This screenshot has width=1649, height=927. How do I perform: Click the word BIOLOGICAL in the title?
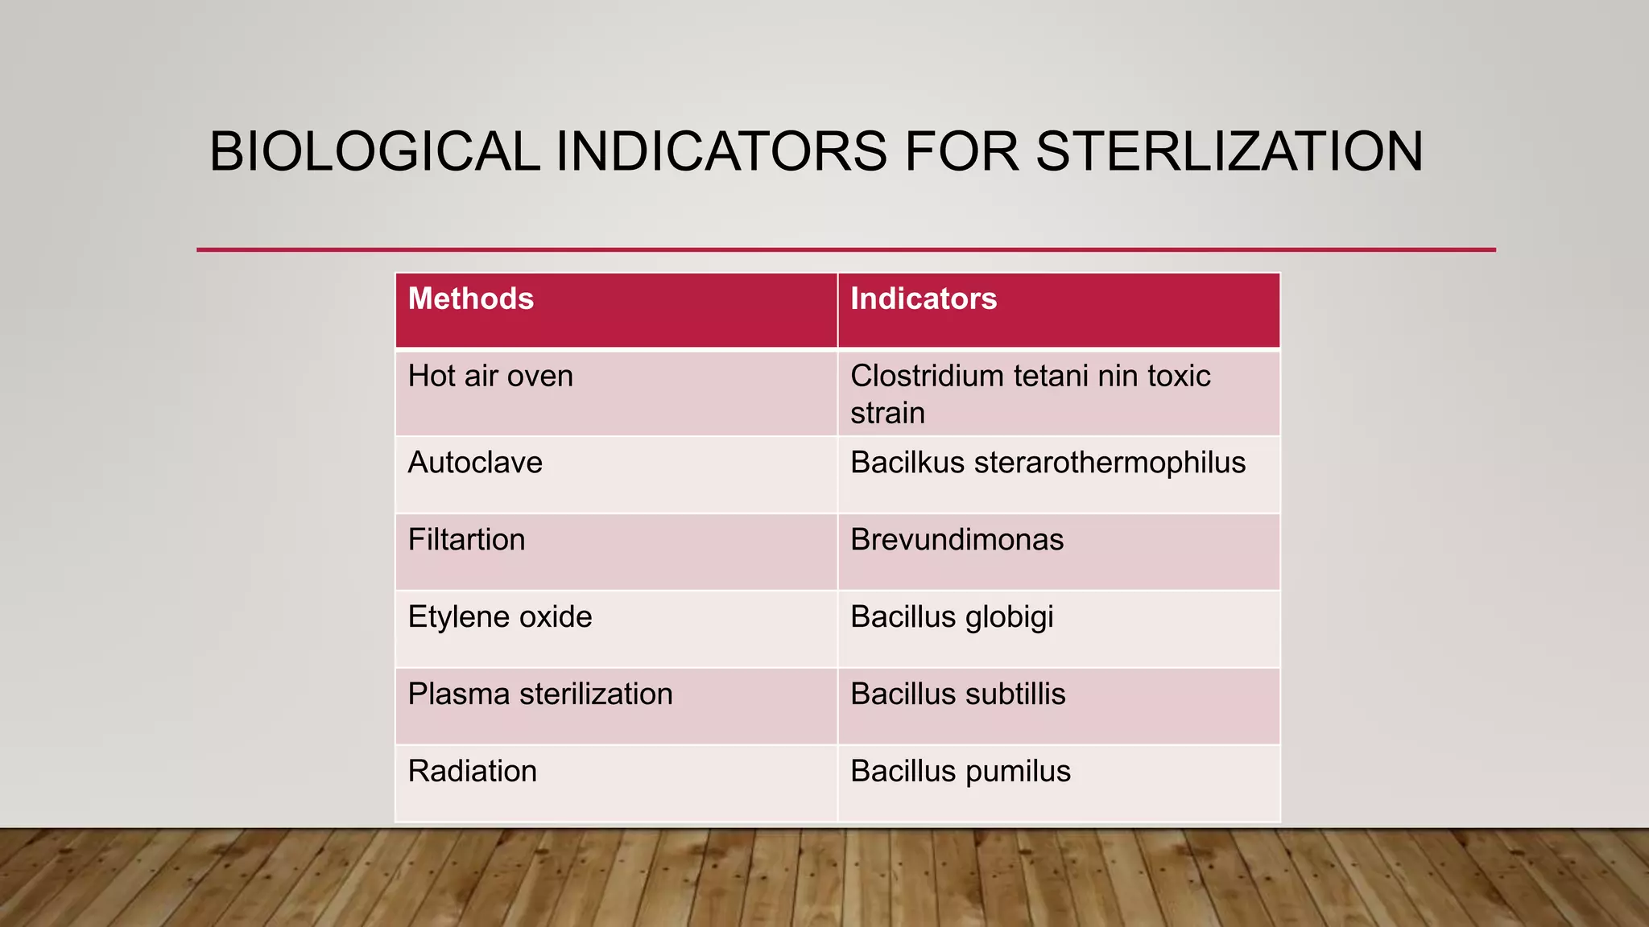click(x=374, y=151)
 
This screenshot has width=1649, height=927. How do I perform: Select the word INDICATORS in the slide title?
click(x=721, y=151)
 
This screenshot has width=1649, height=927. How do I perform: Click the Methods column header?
click(x=471, y=299)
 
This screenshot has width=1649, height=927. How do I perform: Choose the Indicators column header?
click(x=924, y=299)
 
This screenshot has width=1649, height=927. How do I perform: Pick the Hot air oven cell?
click(x=490, y=377)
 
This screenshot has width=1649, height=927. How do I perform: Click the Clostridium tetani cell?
click(x=1030, y=377)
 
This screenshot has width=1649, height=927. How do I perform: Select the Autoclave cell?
click(x=475, y=463)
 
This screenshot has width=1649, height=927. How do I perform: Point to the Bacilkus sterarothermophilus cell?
click(x=1048, y=463)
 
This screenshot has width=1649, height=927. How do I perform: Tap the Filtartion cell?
click(x=466, y=540)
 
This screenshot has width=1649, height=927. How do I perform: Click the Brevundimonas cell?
click(x=957, y=540)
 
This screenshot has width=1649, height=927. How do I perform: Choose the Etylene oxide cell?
click(x=500, y=617)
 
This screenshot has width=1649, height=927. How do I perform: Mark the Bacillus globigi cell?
click(x=952, y=617)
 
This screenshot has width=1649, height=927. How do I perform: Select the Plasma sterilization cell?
click(x=540, y=694)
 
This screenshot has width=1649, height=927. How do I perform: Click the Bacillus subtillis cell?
click(x=957, y=694)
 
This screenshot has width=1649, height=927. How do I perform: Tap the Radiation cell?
click(x=472, y=772)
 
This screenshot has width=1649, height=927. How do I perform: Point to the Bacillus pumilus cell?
click(x=961, y=772)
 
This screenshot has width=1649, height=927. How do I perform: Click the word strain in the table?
click(x=887, y=414)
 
